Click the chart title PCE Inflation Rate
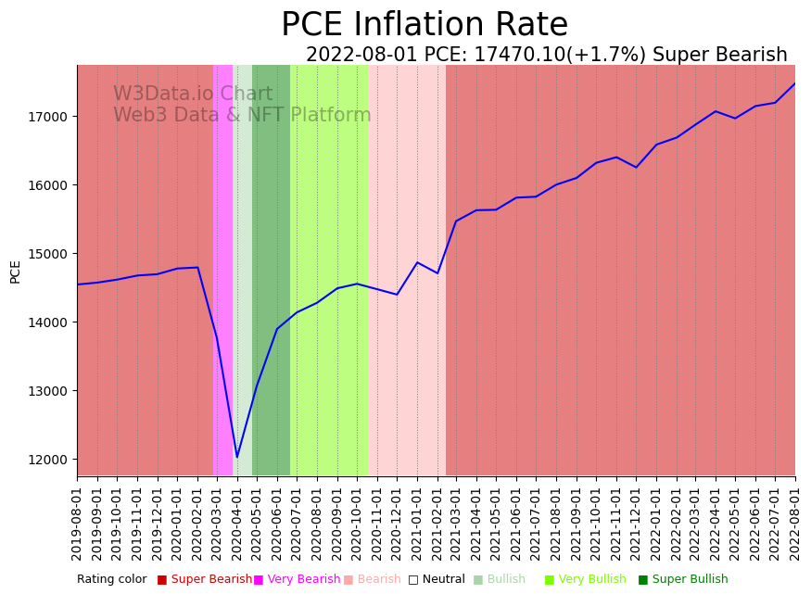coord(425,25)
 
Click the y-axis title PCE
coord(16,271)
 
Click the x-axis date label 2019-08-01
coord(78,524)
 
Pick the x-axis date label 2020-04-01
coord(237,524)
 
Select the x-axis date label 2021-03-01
coord(457,524)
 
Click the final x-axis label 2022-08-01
coord(795,524)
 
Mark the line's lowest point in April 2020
coord(237,457)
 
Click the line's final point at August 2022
coord(794,84)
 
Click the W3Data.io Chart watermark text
coord(193,95)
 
